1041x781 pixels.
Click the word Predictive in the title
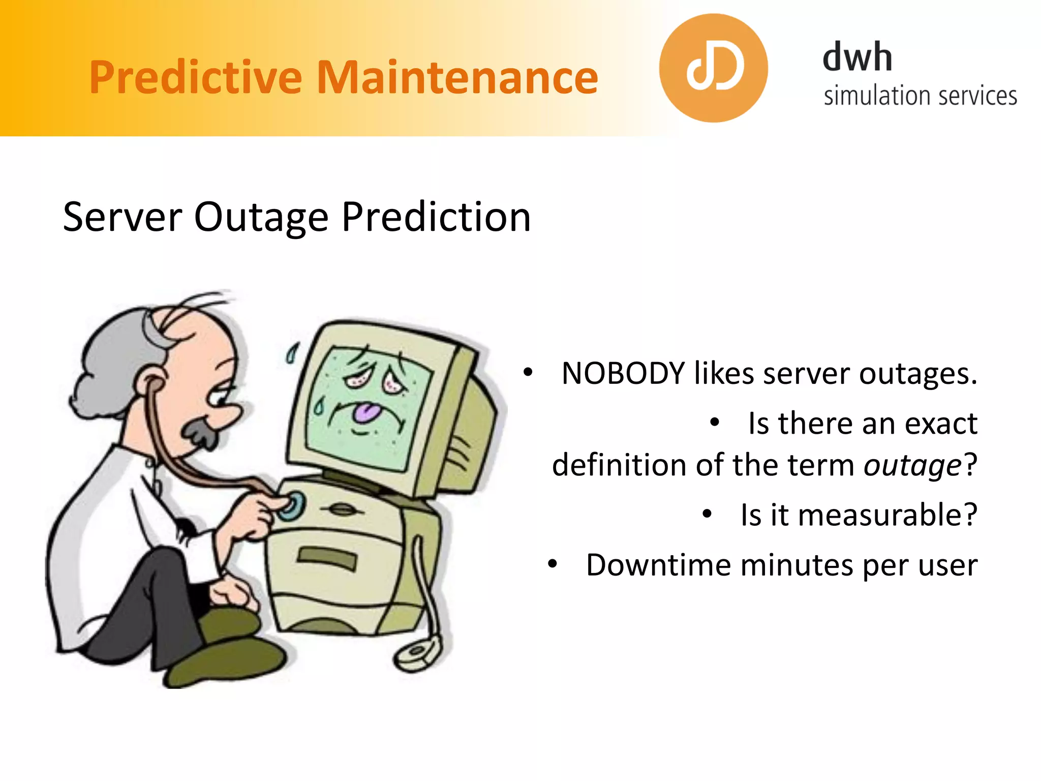[196, 77]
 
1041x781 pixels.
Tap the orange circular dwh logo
[713, 68]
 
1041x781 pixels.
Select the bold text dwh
[858, 57]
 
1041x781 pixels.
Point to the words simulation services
[920, 96]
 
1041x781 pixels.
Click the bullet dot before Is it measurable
[707, 514]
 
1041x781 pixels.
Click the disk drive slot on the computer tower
[327, 559]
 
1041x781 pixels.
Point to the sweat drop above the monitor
[292, 352]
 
